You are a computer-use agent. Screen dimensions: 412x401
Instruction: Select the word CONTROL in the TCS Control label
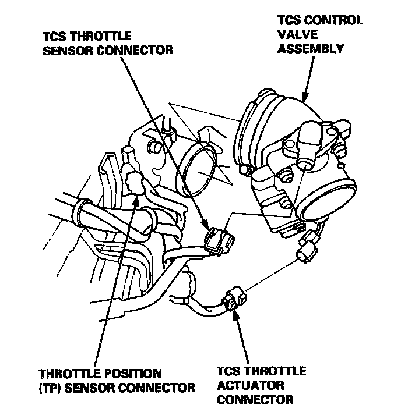pyautogui.click(x=334, y=20)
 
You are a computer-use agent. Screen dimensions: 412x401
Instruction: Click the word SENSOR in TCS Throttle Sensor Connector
pyautogui.click(x=66, y=49)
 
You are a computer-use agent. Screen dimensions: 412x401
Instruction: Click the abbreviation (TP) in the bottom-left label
pyautogui.click(x=50, y=387)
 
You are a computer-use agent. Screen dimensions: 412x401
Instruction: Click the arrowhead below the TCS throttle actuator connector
pyautogui.click(x=235, y=315)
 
